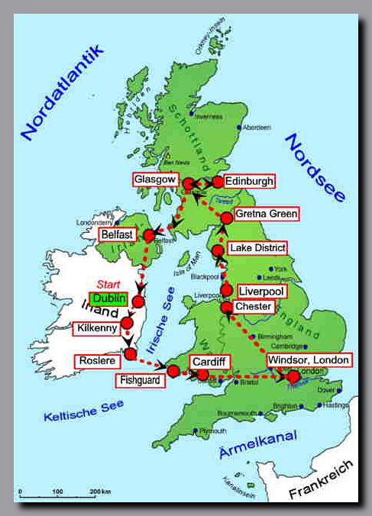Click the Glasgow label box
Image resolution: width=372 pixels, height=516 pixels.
click(x=155, y=179)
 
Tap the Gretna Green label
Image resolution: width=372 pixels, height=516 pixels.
click(x=267, y=214)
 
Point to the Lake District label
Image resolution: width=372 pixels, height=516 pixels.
click(x=258, y=248)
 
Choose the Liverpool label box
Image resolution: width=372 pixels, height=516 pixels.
click(x=260, y=292)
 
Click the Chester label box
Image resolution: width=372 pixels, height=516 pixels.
click(x=254, y=306)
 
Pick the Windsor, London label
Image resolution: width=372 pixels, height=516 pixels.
click(x=309, y=360)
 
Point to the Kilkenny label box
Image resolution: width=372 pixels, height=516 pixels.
click(x=95, y=329)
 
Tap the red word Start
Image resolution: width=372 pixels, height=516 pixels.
click(x=109, y=285)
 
